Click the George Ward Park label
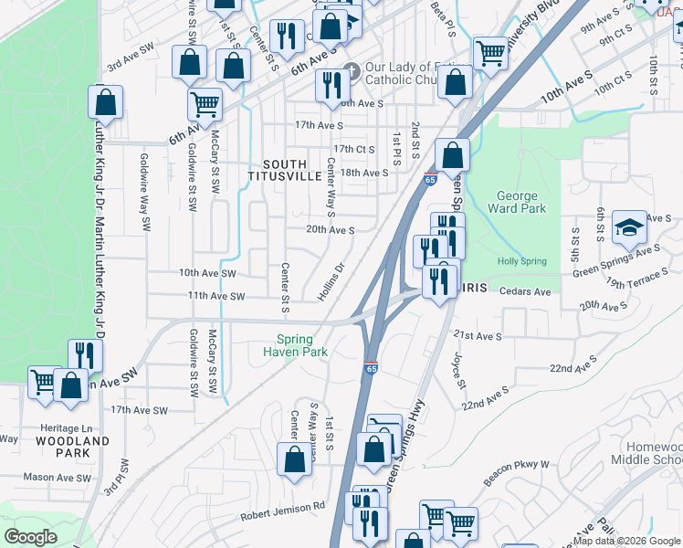521,202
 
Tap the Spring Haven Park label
295,343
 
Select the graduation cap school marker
629,228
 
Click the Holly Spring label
521,261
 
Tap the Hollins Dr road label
331,280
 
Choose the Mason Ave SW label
58,477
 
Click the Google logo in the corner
30,537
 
